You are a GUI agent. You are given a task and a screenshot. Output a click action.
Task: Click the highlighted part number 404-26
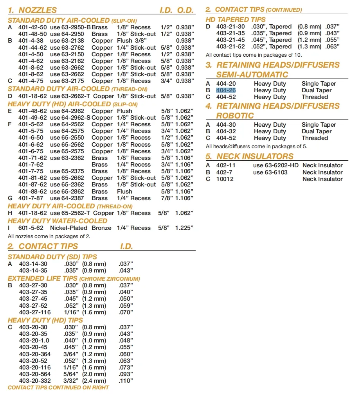(x=226, y=90)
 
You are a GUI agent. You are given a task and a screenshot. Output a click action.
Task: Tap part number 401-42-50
(x=32, y=27)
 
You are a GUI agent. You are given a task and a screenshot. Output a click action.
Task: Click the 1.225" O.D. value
(x=184, y=228)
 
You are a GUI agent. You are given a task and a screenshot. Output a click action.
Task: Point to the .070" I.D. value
(x=126, y=312)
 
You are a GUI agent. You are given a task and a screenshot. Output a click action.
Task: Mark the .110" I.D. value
(x=126, y=381)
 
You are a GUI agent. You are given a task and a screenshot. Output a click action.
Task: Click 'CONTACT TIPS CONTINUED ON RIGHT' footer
(x=58, y=388)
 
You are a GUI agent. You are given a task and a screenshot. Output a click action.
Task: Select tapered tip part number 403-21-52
(x=230, y=47)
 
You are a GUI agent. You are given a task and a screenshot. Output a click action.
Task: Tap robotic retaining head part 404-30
(x=226, y=125)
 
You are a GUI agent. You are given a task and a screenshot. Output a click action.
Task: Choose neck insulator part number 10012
(x=224, y=179)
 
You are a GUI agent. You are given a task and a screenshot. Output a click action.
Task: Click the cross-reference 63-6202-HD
(x=275, y=166)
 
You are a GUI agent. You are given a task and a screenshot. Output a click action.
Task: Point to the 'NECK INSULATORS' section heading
(x=255, y=156)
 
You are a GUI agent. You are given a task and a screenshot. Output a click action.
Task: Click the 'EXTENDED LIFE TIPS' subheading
(x=42, y=279)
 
